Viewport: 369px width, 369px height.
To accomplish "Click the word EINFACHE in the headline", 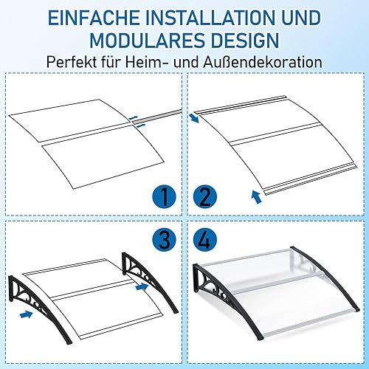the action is pos(94,18).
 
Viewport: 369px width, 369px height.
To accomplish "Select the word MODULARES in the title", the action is pos(148,41).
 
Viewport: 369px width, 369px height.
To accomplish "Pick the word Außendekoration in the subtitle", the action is pos(263,62).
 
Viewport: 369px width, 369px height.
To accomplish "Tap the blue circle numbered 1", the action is pos(164,197).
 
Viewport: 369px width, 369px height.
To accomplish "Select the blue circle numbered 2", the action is pos(205,197).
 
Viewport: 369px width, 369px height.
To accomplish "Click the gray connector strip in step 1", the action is pos(156,116).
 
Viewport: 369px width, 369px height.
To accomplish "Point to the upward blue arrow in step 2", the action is pos(256,197).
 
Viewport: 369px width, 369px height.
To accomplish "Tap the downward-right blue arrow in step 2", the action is pos(194,118).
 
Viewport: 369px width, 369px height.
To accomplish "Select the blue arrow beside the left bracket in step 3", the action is pos(26,314).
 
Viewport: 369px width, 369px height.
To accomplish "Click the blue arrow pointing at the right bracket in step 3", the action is pos(142,286).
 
